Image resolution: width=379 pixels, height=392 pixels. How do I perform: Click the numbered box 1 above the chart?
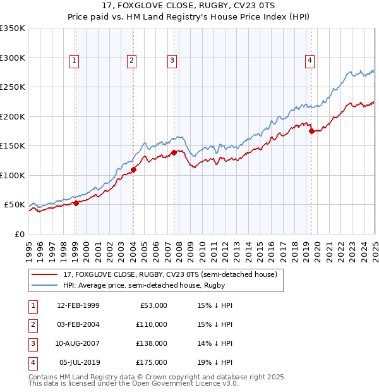[75, 61]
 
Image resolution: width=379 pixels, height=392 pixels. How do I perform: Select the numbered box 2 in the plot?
[131, 61]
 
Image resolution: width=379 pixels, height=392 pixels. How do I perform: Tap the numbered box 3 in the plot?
[172, 61]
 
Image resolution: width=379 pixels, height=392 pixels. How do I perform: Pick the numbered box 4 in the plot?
[310, 61]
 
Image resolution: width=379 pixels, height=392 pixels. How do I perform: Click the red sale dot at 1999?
[76, 203]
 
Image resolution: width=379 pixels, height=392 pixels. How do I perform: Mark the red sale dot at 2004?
[133, 169]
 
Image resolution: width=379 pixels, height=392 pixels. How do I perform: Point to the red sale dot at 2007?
[174, 153]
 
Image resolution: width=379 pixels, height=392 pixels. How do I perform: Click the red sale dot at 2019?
[311, 132]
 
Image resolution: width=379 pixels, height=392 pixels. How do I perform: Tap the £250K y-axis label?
[13, 87]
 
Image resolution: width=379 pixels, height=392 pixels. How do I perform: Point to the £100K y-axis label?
[13, 175]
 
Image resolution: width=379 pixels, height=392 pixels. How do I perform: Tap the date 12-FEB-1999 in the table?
[78, 305]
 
